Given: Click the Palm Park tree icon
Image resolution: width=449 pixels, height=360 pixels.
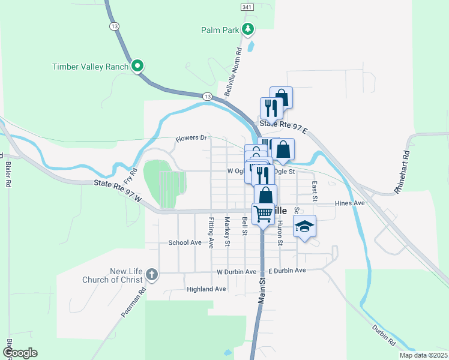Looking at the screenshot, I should coord(247,29).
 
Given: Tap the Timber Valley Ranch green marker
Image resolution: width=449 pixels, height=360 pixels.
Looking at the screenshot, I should coord(137,66).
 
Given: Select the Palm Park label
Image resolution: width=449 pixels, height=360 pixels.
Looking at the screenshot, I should coord(220,29).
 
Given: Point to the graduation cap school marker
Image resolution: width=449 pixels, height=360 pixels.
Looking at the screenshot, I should coord(304,227).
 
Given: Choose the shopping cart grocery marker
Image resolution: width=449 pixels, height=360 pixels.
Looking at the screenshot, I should coord(263,213).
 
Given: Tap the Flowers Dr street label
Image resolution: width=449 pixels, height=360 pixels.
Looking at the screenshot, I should coord(191,139).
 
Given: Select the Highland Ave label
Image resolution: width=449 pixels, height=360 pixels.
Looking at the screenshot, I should coord(206,289).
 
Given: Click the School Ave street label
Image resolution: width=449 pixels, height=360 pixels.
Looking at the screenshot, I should coord(184,242).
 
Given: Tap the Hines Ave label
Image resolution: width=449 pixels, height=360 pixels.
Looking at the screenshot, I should coord(350,203).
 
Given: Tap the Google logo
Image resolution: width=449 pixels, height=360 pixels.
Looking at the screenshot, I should coord(20,353).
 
